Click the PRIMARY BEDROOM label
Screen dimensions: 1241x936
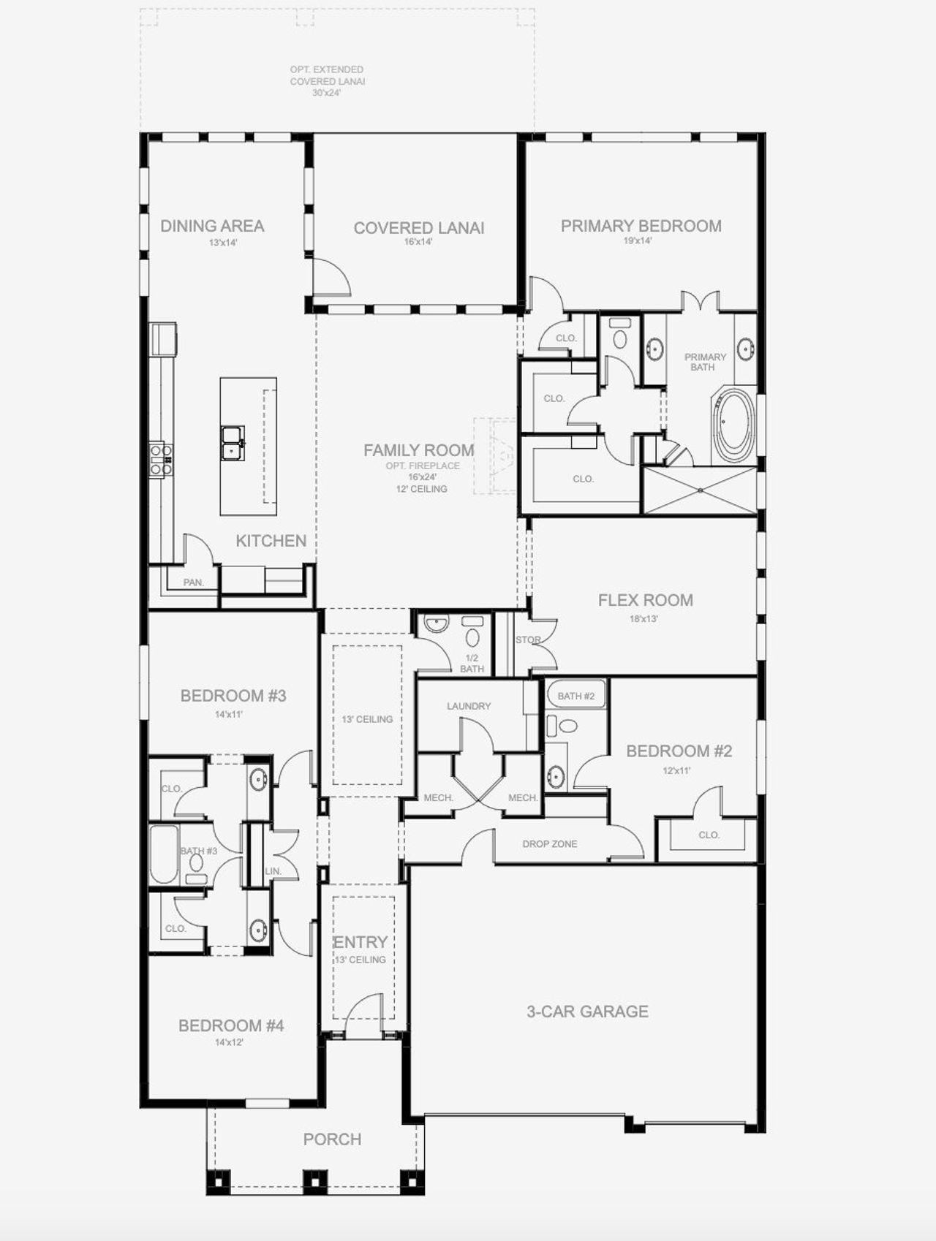pyautogui.click(x=641, y=226)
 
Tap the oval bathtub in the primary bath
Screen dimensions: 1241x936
pyautogui.click(x=733, y=426)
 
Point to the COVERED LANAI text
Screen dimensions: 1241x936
pyautogui.click(x=418, y=228)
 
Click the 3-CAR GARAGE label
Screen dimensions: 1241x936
pyautogui.click(x=587, y=1012)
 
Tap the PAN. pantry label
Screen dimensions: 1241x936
pyautogui.click(x=193, y=582)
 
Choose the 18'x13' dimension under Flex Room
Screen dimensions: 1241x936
pyautogui.click(x=644, y=618)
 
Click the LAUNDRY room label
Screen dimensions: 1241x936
pyautogui.click(x=469, y=706)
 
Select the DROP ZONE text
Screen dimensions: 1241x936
pyautogui.click(x=549, y=843)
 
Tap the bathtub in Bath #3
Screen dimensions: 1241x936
pyautogui.click(x=164, y=854)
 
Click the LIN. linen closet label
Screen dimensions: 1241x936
pyautogui.click(x=273, y=871)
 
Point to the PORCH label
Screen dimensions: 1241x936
pyautogui.click(x=332, y=1139)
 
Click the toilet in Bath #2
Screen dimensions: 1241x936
pyautogui.click(x=563, y=726)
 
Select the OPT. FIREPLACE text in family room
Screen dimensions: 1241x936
pyautogui.click(x=423, y=466)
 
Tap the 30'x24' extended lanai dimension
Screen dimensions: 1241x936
pyautogui.click(x=327, y=93)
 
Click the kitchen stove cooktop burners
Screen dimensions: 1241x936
pyautogui.click(x=161, y=460)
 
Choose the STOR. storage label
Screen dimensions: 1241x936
pyautogui.click(x=528, y=640)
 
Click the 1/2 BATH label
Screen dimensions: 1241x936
pyautogui.click(x=472, y=664)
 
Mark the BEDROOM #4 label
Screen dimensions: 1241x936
pyautogui.click(x=230, y=1025)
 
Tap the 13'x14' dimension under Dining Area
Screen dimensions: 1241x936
pyautogui.click(x=223, y=243)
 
